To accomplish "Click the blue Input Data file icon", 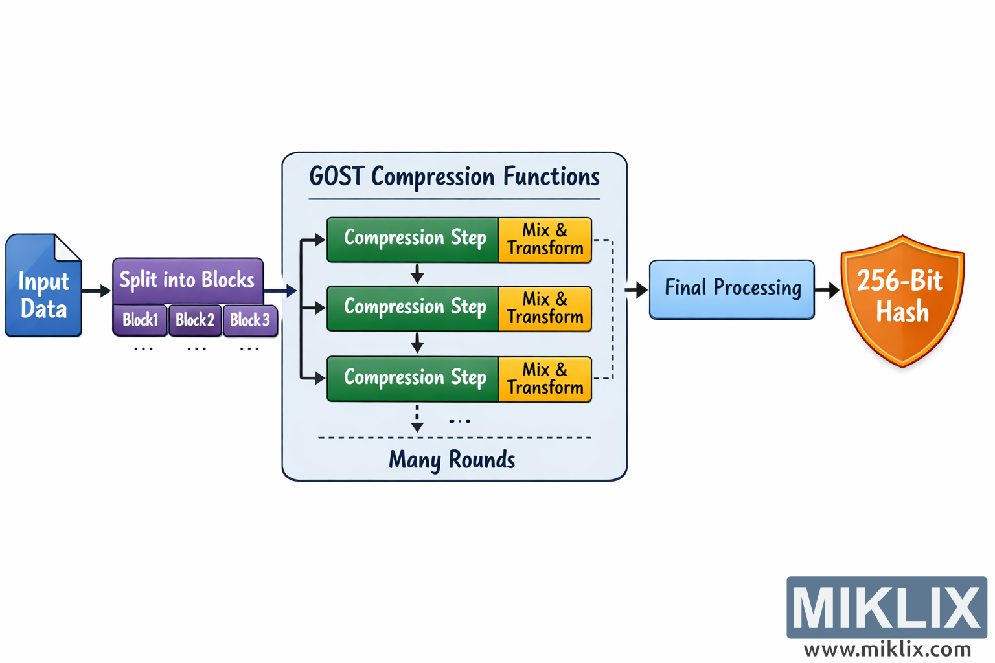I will [43, 288].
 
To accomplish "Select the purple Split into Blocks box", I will [188, 280].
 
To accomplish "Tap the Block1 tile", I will [140, 320].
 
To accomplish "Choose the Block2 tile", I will [195, 320].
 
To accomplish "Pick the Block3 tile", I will [250, 320].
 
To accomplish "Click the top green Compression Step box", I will [413, 239].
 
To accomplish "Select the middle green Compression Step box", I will [413, 308].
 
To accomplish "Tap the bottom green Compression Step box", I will [413, 378].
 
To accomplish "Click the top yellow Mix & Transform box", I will [545, 240].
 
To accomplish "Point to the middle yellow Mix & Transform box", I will [545, 308].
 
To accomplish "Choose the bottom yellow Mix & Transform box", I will [545, 379].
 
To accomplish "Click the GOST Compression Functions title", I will [454, 177].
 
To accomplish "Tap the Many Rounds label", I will [452, 460].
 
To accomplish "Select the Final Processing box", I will [731, 289].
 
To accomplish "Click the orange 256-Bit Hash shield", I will [902, 298].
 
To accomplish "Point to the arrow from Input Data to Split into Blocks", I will [97, 291].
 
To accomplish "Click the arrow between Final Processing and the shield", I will [827, 291].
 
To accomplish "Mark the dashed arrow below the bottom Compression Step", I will [417, 418].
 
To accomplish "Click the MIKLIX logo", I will [886, 607].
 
